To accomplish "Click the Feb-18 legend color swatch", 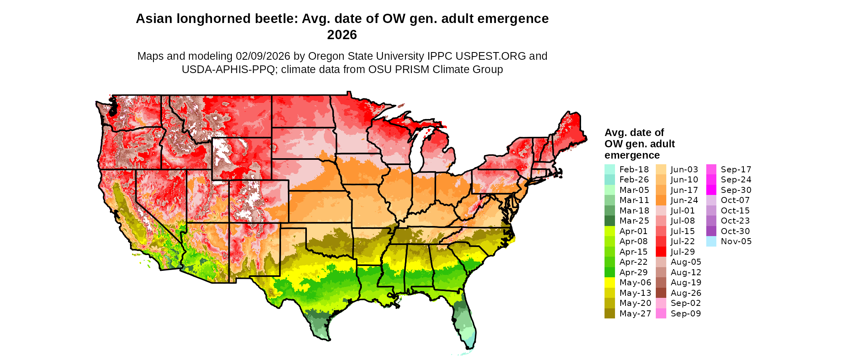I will tap(609, 170).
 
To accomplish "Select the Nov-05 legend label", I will tap(736, 241).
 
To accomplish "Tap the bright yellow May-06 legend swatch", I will tap(609, 283).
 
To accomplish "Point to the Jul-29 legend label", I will tap(682, 252).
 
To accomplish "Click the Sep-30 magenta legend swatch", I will tap(711, 190).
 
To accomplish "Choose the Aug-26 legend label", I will tap(686, 293).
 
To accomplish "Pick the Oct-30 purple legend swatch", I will tap(711, 231).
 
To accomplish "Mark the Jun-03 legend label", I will tap(684, 170).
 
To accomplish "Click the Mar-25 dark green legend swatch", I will tap(609, 221).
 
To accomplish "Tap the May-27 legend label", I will tap(635, 314).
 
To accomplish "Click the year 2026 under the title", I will tap(342, 35).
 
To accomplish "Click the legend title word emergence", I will tap(632, 155).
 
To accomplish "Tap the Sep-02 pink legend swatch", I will tap(661, 303).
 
